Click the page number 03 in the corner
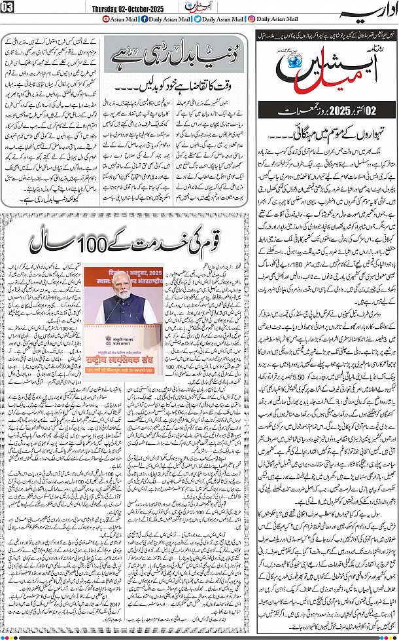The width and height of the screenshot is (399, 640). pyautogui.click(x=7, y=7)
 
